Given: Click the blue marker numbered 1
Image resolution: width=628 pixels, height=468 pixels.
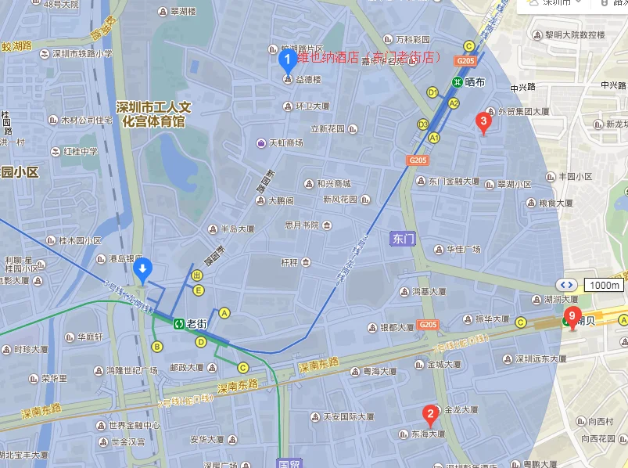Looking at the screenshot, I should pyautogui.click(x=287, y=57).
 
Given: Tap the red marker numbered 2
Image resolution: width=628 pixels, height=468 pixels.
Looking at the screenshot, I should pyautogui.click(x=429, y=414).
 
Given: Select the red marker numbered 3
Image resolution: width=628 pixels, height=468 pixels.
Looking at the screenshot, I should pyautogui.click(x=483, y=121).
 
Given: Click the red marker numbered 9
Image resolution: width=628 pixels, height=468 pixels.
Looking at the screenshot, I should pyautogui.click(x=572, y=317).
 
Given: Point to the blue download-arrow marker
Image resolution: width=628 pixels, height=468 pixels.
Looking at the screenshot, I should pyautogui.click(x=142, y=271).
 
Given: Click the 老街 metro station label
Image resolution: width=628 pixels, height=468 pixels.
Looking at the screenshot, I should pyautogui.click(x=196, y=322).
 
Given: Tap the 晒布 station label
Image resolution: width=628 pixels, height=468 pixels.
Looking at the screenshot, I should pyautogui.click(x=474, y=81).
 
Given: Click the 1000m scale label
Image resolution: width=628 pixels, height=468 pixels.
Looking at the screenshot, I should pyautogui.click(x=604, y=285).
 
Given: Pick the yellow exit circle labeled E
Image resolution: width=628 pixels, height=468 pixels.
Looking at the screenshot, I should pyautogui.click(x=199, y=290).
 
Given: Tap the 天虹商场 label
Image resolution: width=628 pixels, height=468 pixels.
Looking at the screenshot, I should pyautogui.click(x=285, y=143).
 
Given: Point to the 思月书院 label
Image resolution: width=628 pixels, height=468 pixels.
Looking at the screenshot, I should pyautogui.click(x=301, y=225).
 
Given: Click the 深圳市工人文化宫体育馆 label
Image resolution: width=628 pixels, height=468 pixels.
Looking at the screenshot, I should pyautogui.click(x=153, y=114).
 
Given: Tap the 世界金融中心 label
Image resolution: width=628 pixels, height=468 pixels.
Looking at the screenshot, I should pyautogui.click(x=135, y=425).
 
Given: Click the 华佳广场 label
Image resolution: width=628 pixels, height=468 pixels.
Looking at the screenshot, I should pyautogui.click(x=463, y=250).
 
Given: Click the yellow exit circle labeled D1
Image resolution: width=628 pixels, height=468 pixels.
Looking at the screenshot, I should pyautogui.click(x=431, y=92).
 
